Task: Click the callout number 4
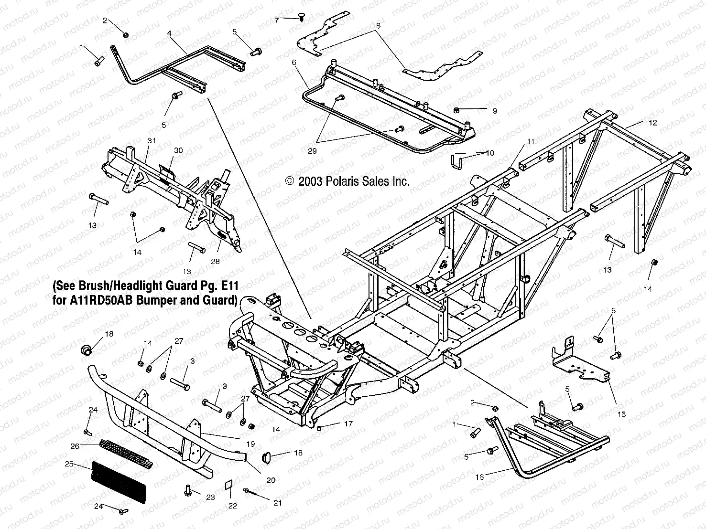(169, 33)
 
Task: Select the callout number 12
(653, 123)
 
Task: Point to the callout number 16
(479, 476)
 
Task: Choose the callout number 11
(531, 142)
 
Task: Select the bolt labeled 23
(188, 490)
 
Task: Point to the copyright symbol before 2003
(289, 181)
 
